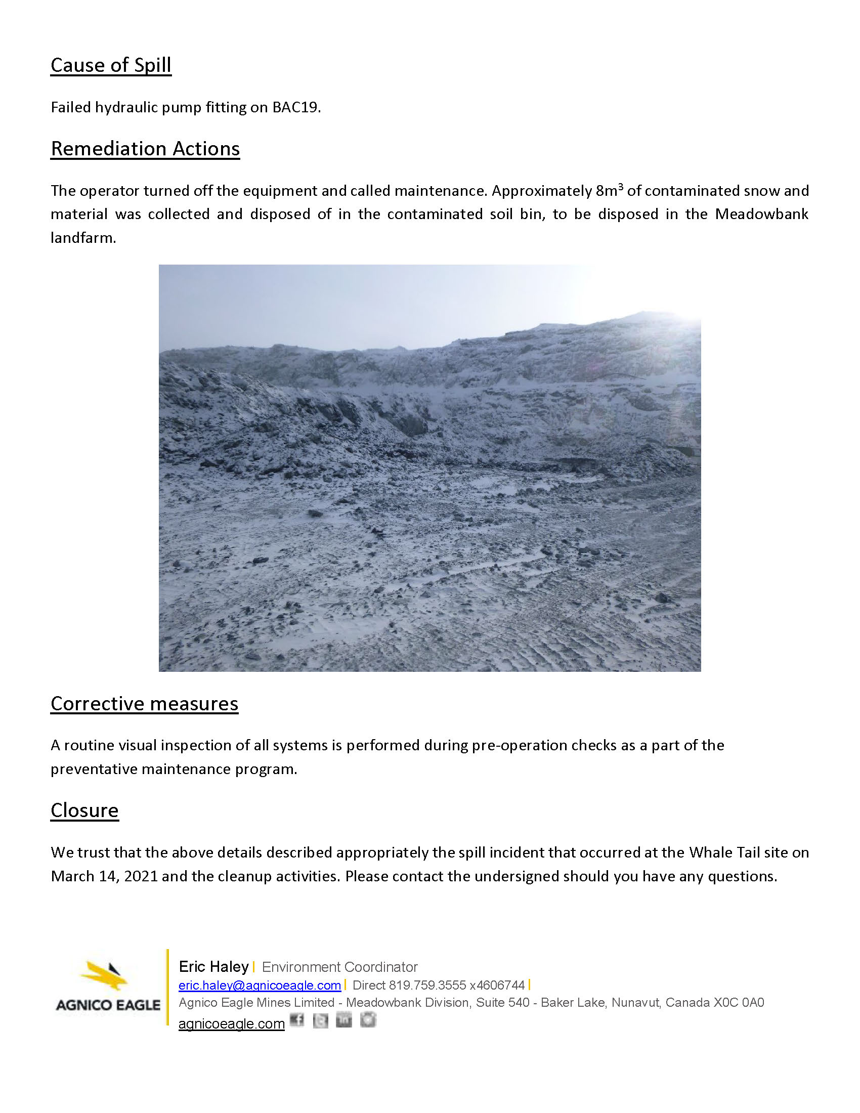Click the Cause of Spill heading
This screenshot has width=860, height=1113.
click(x=111, y=65)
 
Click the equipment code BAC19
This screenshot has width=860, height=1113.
click(x=295, y=108)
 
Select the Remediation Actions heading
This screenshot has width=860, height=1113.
click(x=145, y=149)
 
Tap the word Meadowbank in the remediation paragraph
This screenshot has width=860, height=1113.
click(x=761, y=214)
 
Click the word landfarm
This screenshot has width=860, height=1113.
click(x=83, y=238)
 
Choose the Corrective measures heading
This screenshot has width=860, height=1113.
click(x=144, y=704)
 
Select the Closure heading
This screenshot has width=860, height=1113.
click(x=84, y=810)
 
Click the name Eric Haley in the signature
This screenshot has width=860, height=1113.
click(x=213, y=967)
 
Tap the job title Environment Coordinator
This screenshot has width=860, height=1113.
click(x=339, y=967)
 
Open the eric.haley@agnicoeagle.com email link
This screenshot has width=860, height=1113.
click(x=260, y=986)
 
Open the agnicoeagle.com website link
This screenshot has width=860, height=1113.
click(x=231, y=1024)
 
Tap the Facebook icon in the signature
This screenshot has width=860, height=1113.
click(x=296, y=1020)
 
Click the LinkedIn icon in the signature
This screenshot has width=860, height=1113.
click(x=344, y=1020)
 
